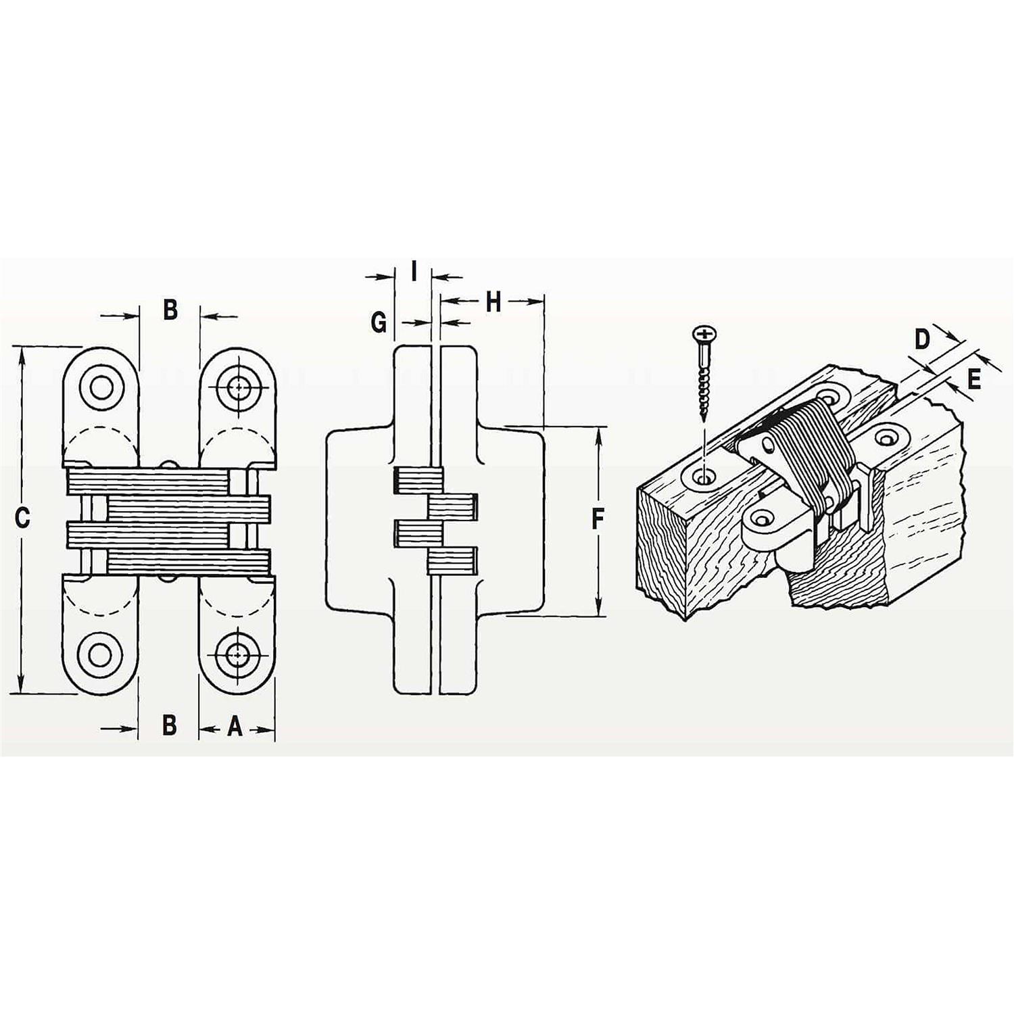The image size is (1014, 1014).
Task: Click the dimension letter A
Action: pyautogui.click(x=235, y=726)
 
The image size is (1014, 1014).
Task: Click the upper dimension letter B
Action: pyautogui.click(x=170, y=310)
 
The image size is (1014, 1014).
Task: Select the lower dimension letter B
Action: pyautogui.click(x=170, y=725)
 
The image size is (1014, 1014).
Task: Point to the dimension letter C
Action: pyautogui.click(x=23, y=518)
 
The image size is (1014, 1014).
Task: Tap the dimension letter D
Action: pyautogui.click(x=923, y=339)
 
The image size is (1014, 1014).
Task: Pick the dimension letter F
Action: pyautogui.click(x=598, y=519)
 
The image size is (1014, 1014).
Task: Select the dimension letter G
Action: pyautogui.click(x=379, y=322)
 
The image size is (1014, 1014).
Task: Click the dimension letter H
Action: pyautogui.click(x=493, y=302)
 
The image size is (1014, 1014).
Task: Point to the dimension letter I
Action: pyautogui.click(x=414, y=272)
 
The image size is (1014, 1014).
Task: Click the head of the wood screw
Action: pyautogui.click(x=704, y=333)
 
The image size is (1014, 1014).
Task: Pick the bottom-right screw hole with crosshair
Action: pyautogui.click(x=237, y=654)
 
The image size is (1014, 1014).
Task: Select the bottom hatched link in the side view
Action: pyautogui.click(x=453, y=560)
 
